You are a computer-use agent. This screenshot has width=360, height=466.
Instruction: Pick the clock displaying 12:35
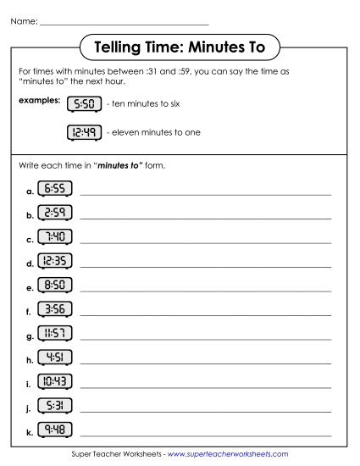tap(55, 262)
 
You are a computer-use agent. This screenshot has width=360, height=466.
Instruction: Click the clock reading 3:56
tap(55, 310)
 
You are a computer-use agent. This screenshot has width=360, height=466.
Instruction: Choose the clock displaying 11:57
tap(55, 335)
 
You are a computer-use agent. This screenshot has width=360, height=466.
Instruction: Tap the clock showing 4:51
tap(55, 359)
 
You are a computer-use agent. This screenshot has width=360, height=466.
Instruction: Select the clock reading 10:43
tap(55, 384)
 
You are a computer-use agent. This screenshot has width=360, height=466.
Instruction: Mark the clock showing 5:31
tap(55, 408)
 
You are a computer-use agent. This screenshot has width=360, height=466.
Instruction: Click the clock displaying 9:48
tap(55, 433)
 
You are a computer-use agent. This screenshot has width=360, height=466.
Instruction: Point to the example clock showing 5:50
tap(84, 104)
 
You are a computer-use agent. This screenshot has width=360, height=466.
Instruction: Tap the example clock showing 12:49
tap(84, 132)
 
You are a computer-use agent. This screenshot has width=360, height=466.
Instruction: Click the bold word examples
tap(40, 100)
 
